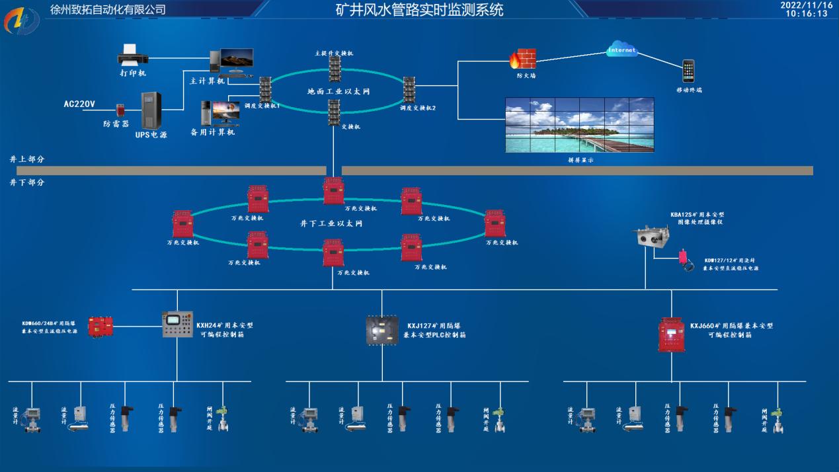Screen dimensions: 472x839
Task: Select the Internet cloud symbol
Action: [x=621, y=50]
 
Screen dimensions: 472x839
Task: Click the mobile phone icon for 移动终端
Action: [x=689, y=70]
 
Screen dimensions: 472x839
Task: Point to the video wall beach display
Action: [x=580, y=125]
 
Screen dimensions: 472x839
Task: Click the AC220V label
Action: [x=79, y=104]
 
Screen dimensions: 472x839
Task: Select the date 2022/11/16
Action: [x=807, y=5]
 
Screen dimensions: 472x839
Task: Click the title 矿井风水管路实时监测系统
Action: [x=419, y=10]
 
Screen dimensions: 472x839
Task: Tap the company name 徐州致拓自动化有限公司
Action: [x=108, y=10]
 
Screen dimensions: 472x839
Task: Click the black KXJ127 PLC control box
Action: [x=382, y=331]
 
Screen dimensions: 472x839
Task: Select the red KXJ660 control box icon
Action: [x=672, y=334]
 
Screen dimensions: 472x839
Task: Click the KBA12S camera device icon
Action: [x=652, y=237]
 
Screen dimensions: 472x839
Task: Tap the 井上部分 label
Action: [x=27, y=160]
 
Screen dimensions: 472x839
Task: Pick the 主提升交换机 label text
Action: [x=334, y=52]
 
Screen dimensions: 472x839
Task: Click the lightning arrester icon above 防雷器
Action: [x=121, y=110]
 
